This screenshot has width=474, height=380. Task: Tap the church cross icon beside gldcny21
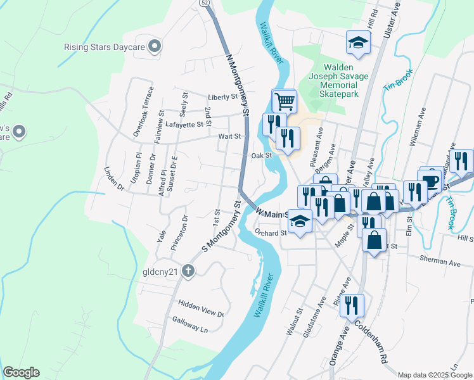point(188,271)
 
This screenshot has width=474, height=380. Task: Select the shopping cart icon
point(285,100)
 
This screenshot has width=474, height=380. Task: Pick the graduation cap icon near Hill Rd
point(357,43)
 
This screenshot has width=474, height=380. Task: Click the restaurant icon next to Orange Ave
point(352,305)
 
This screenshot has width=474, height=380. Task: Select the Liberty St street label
point(222,98)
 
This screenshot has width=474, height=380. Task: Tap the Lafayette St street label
point(187,125)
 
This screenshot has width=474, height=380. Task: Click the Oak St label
point(261,155)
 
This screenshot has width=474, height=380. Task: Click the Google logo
point(21,372)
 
